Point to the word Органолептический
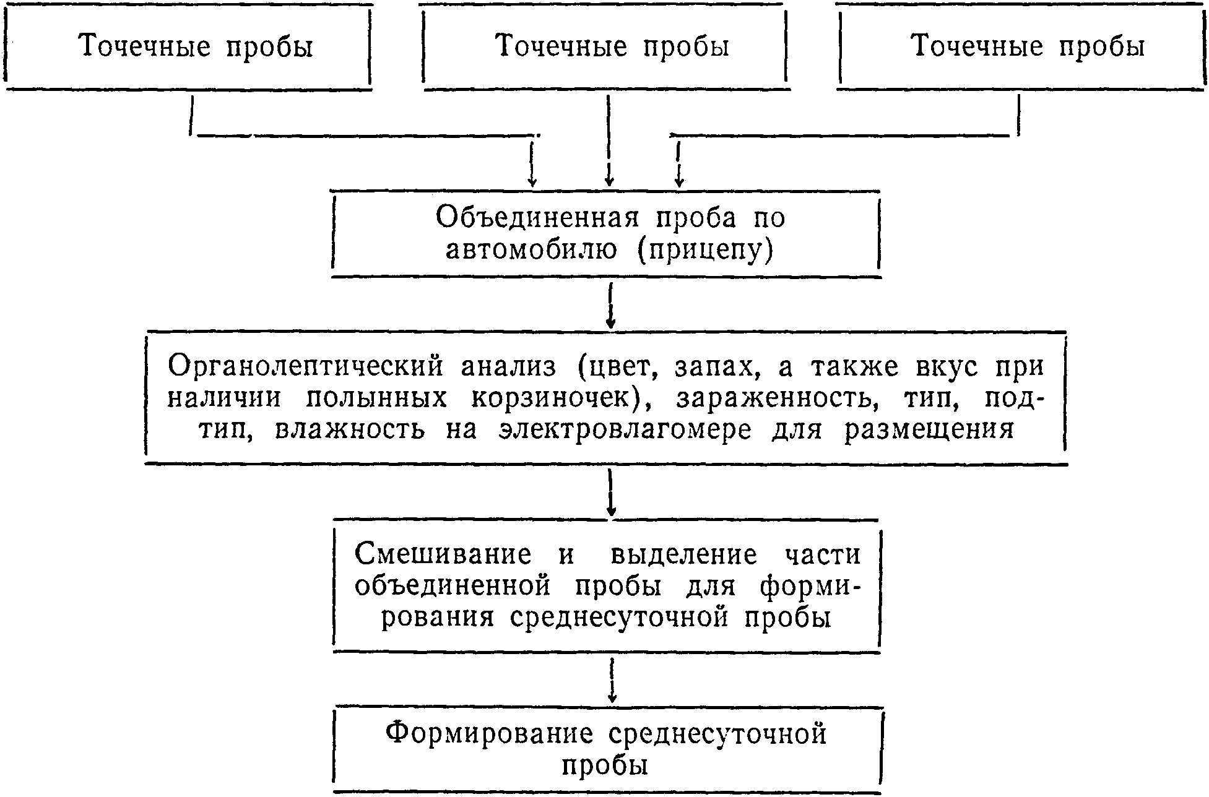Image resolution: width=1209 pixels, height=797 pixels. [x=306, y=367]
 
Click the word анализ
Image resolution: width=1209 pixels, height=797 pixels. [x=508, y=367]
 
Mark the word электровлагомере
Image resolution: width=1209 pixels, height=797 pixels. [x=625, y=430]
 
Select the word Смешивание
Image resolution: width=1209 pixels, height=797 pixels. [x=443, y=554]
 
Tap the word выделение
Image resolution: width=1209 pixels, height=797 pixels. [x=683, y=554]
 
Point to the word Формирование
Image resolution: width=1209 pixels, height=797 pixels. [x=489, y=735]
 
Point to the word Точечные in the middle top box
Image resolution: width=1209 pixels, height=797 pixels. [x=561, y=46]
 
